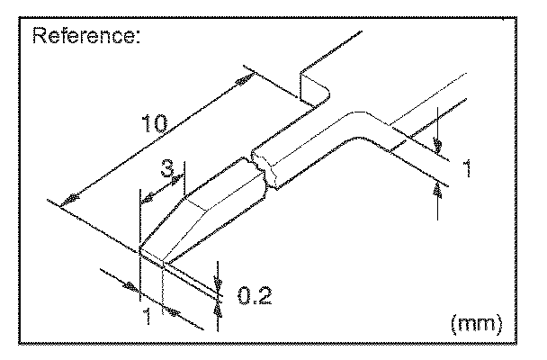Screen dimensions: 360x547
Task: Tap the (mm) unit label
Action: [x=474, y=321]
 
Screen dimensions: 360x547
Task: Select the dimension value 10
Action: [x=153, y=123]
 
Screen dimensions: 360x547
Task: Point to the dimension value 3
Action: [x=167, y=169]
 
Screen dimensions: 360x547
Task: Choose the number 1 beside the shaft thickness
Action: [x=468, y=167]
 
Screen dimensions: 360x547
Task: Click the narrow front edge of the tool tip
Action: [x=150, y=260]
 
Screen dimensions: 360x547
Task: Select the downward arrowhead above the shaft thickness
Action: [x=437, y=144]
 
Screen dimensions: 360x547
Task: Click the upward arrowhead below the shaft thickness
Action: [x=438, y=186]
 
